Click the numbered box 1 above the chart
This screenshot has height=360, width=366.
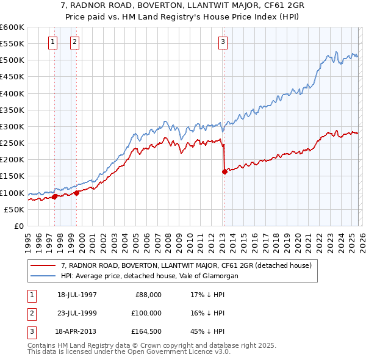[x=52, y=41]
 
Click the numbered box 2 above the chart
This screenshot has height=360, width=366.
[x=74, y=41]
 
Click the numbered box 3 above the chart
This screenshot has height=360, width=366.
[x=223, y=41]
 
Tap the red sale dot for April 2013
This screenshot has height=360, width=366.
[x=224, y=171]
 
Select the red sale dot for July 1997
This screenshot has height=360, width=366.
[x=54, y=196]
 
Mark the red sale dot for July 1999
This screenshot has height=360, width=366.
[x=77, y=193]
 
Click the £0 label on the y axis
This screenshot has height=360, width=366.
[x=19, y=226]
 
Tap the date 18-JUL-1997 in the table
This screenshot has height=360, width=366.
[x=76, y=294]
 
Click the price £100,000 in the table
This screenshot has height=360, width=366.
[x=148, y=312]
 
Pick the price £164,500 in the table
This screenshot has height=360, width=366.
[x=148, y=331]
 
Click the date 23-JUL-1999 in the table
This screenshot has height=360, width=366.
[x=76, y=312]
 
